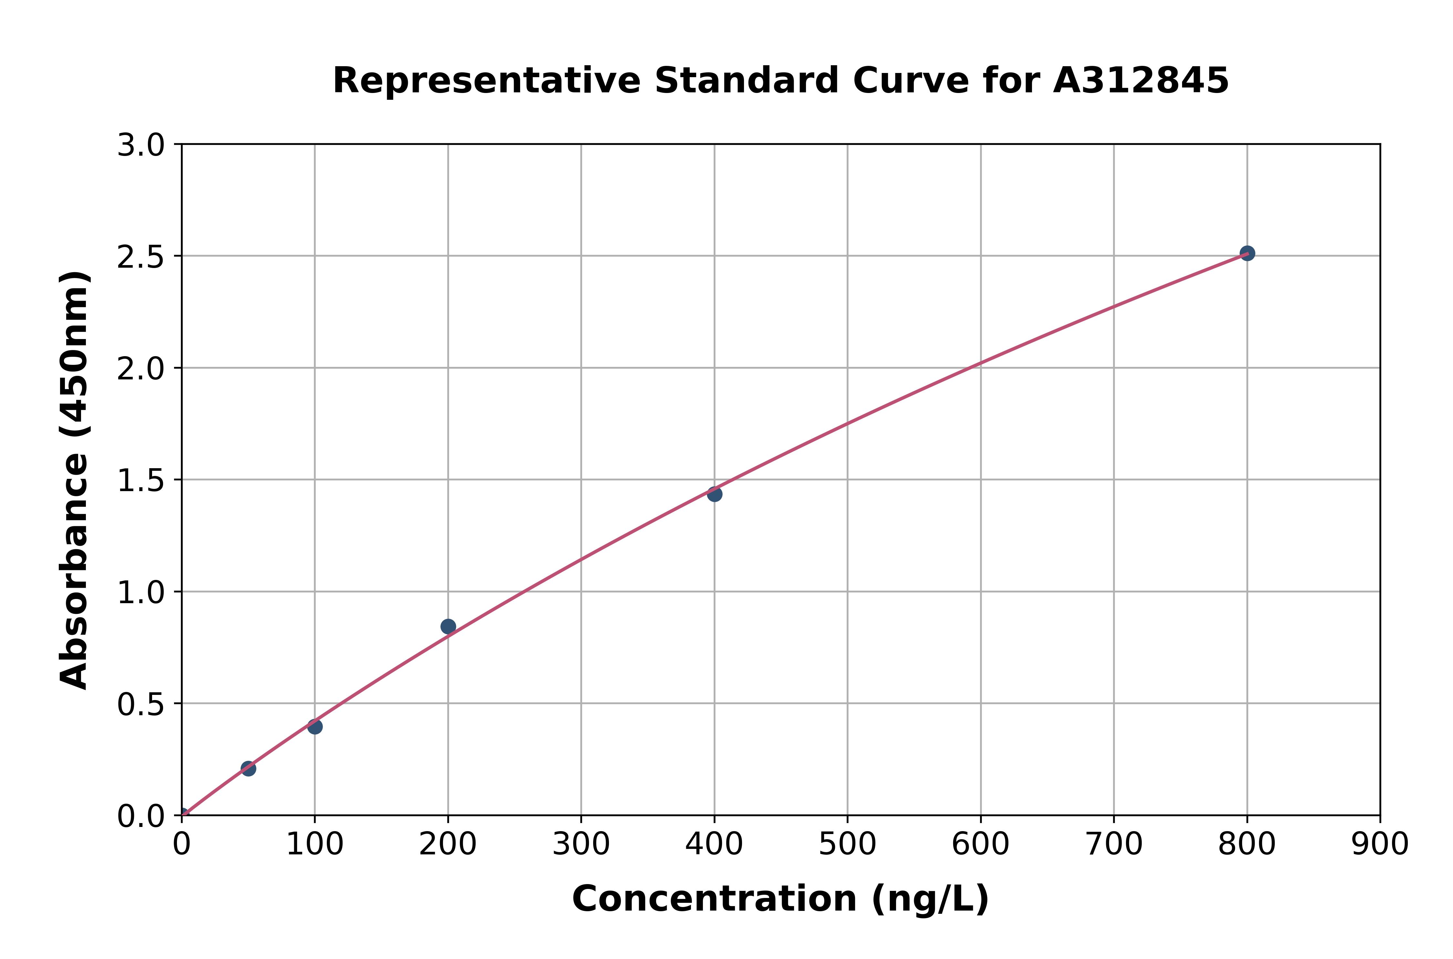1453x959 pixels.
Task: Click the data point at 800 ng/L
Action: pyautogui.click(x=1247, y=253)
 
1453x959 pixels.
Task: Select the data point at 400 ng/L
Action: pyautogui.click(x=714, y=494)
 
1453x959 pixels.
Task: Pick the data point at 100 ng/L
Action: pyautogui.click(x=315, y=727)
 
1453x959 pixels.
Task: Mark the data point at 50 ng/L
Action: pyautogui.click(x=248, y=769)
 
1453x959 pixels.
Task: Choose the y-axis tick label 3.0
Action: pyautogui.click(x=141, y=146)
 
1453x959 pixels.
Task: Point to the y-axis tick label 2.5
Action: pyautogui.click(x=141, y=257)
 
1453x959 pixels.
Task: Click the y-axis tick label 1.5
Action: pyautogui.click(x=141, y=481)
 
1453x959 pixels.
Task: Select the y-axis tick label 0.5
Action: pyautogui.click(x=141, y=705)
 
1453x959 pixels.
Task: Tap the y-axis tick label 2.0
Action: pyautogui.click(x=141, y=369)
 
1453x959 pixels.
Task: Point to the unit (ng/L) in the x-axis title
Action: pyautogui.click(x=930, y=899)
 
